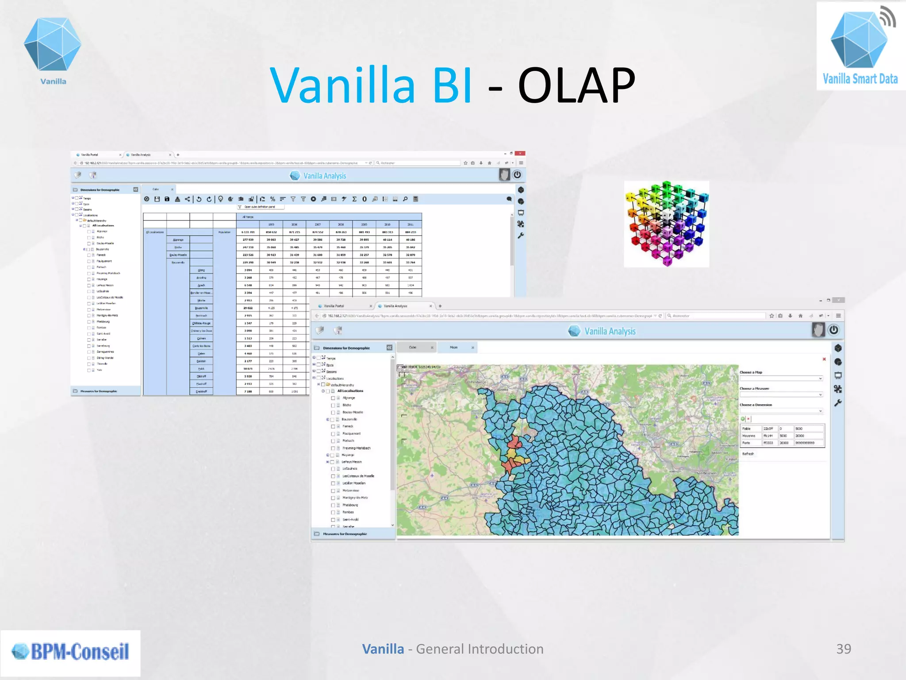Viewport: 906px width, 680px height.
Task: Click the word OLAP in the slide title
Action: pos(576,85)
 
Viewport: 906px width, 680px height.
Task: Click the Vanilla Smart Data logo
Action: pos(860,46)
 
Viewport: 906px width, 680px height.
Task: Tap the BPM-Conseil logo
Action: pos(70,652)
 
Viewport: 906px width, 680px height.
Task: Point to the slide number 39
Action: pos(843,649)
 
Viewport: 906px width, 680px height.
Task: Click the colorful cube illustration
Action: pos(666,224)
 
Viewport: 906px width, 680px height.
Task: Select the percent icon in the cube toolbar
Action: pos(273,199)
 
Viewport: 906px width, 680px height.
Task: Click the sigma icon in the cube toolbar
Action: pos(354,199)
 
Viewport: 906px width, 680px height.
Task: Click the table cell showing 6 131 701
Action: pos(248,232)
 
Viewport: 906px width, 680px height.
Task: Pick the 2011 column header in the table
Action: pos(410,224)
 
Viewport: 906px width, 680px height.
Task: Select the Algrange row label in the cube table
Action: pos(178,240)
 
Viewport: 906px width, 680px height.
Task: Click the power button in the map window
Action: pos(833,330)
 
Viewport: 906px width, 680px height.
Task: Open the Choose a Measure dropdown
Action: pos(781,394)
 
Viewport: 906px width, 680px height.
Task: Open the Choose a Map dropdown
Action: pos(781,379)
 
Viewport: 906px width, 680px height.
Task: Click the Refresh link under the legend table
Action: pos(748,454)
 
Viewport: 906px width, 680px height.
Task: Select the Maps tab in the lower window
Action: pos(454,348)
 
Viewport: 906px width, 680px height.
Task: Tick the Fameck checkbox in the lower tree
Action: pos(333,426)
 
